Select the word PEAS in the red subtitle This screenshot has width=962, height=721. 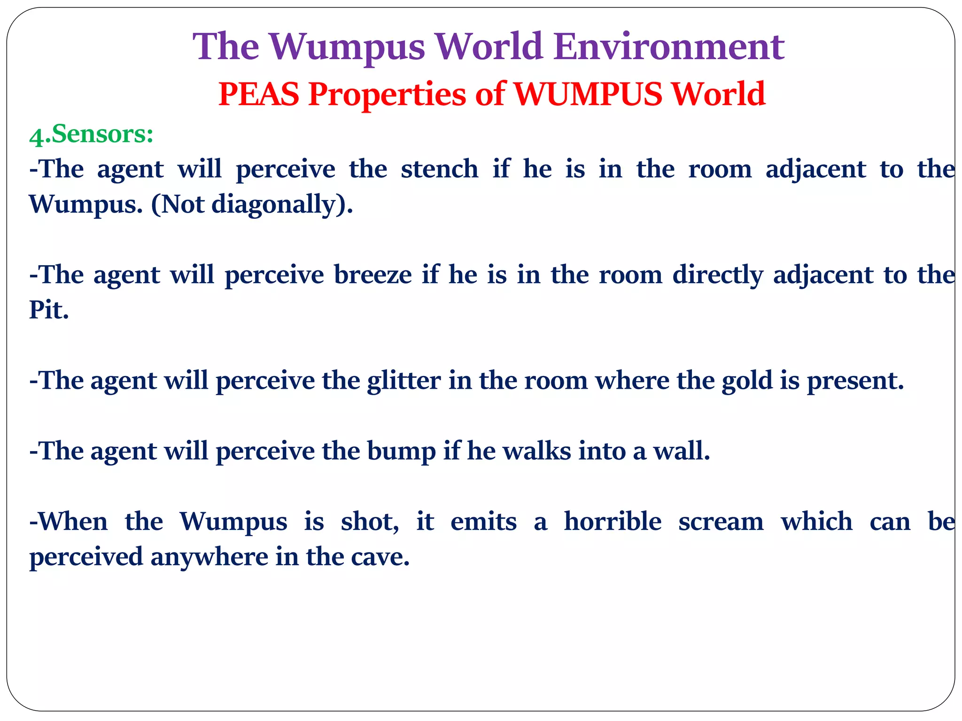(x=259, y=94)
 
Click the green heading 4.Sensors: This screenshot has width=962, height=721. (x=91, y=134)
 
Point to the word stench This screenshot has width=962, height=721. (x=439, y=169)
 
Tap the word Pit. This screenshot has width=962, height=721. (x=49, y=310)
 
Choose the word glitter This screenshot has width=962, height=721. (x=403, y=381)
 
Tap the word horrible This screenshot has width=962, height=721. (x=613, y=522)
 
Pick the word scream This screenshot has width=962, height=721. (x=721, y=522)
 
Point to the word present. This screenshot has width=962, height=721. (x=855, y=381)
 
